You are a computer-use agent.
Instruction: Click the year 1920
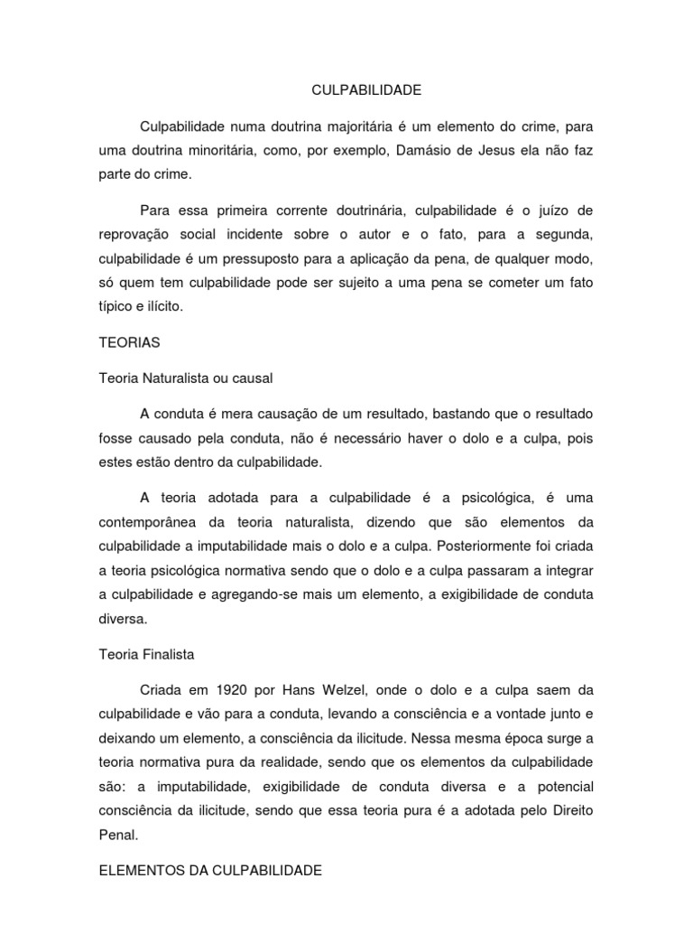click(256, 690)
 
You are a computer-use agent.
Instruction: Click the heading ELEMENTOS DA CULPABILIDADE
click(208, 873)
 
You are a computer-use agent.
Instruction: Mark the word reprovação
click(134, 235)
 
